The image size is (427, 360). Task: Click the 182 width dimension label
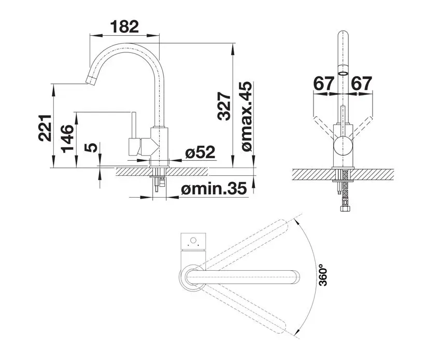pyautogui.click(x=124, y=26)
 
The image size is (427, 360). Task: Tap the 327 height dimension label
pyautogui.click(x=223, y=107)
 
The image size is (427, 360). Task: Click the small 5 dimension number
pyautogui.click(x=91, y=148)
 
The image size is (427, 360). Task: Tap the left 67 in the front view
pyautogui.click(x=324, y=83)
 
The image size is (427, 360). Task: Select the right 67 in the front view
pyautogui.click(x=362, y=83)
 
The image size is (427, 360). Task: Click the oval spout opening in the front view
pyautogui.click(x=343, y=74)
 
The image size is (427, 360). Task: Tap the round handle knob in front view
pyautogui.click(x=343, y=147)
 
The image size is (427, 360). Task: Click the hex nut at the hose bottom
pyautogui.click(x=343, y=209)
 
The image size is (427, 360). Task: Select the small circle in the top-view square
pyautogui.click(x=193, y=241)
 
